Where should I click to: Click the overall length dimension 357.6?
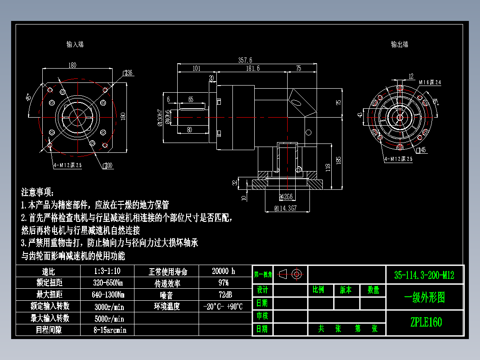point(245,60)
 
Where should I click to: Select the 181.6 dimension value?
point(253,68)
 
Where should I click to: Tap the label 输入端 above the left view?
point(75,44)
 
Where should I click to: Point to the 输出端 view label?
point(399,44)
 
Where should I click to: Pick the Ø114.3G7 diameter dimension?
point(285,208)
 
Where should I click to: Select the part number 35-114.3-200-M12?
point(424,275)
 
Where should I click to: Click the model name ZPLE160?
point(426,322)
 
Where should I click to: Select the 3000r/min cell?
point(110,307)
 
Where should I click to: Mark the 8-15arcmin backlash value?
point(110,330)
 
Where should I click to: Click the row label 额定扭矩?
point(49,282)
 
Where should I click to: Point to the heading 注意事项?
point(37,192)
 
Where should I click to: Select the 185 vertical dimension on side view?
point(339,160)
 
